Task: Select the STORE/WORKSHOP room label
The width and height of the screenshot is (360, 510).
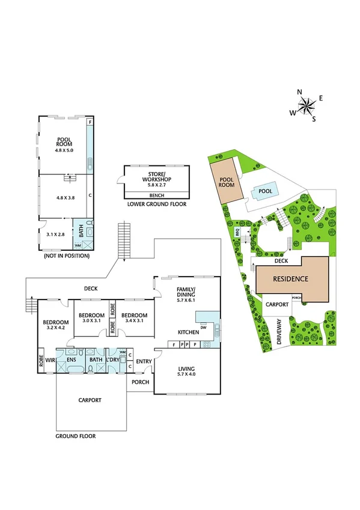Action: (x=156, y=178)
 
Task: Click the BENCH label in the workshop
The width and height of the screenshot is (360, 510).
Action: (x=156, y=195)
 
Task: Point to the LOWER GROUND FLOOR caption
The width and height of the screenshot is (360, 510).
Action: (x=156, y=204)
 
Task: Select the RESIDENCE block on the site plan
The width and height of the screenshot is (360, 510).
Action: (x=291, y=279)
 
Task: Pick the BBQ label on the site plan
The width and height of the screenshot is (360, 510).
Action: (x=237, y=231)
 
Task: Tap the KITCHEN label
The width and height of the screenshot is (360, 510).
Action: (x=188, y=332)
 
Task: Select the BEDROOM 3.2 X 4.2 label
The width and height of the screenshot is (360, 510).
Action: (x=55, y=325)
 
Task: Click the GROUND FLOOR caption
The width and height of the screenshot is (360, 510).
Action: (x=76, y=436)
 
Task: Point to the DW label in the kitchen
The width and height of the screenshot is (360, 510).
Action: (x=204, y=328)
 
